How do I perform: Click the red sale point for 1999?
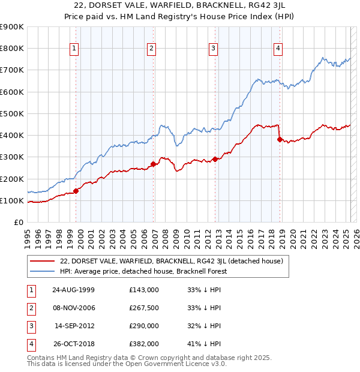(x=76, y=191)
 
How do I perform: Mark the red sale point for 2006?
(x=153, y=164)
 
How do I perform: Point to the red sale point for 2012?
(x=215, y=159)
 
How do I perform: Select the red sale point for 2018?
(x=280, y=139)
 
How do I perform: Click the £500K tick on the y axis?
(x=12, y=113)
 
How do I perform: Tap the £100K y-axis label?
(x=12, y=200)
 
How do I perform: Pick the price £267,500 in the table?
(x=144, y=308)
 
